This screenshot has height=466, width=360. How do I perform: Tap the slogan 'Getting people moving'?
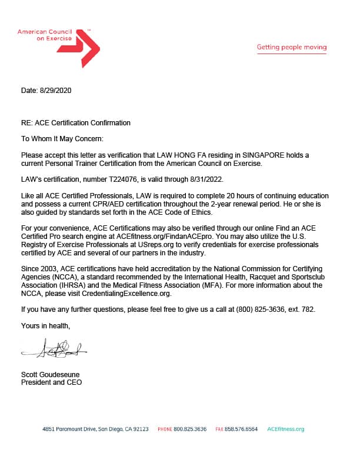coord(291,47)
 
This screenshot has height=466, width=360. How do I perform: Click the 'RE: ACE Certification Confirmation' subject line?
coord(76,123)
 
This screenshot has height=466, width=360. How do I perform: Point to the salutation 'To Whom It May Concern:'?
coord(62,139)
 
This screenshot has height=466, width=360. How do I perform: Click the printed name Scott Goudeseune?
coord(50,375)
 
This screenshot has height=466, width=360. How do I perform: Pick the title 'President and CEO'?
coord(51,382)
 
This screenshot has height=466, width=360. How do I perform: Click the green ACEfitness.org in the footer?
coord(285,430)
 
